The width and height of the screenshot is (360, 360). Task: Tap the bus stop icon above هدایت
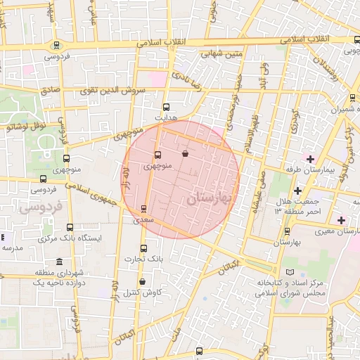pos(166,107)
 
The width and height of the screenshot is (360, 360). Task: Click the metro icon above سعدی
pos(144,208)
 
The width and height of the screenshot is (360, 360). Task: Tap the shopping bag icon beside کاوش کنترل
pos(143,282)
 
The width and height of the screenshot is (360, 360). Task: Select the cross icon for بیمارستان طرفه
pos(310,158)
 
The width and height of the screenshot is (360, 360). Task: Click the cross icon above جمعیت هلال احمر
pos(297,191)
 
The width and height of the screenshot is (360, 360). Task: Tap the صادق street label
pos(50,90)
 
